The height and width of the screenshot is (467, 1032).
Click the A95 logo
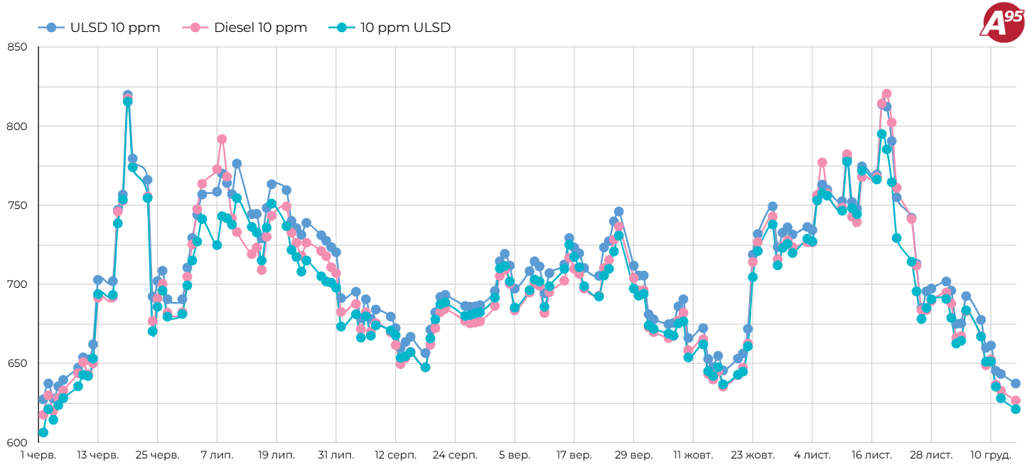pyautogui.click(x=1001, y=23)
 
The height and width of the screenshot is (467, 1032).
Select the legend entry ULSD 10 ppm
pyautogui.click(x=100, y=28)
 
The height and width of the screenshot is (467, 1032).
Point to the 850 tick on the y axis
pyautogui.click(x=17, y=48)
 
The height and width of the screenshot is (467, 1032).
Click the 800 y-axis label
pyautogui.click(x=17, y=127)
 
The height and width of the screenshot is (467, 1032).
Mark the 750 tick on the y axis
pyautogui.click(x=17, y=205)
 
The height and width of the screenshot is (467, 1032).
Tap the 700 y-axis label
pyautogui.click(x=17, y=284)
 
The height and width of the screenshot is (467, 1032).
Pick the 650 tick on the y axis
pyautogui.click(x=17, y=363)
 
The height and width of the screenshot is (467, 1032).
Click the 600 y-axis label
pyautogui.click(x=17, y=442)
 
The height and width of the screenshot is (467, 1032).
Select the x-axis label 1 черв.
pyautogui.click(x=38, y=455)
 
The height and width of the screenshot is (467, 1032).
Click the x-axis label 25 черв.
pyautogui.click(x=157, y=455)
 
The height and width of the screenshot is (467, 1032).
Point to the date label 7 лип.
pyautogui.click(x=217, y=455)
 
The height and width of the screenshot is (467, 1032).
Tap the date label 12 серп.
pyautogui.click(x=395, y=455)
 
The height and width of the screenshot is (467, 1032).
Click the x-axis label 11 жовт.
pyautogui.click(x=693, y=455)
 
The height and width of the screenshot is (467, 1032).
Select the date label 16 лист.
pyautogui.click(x=871, y=455)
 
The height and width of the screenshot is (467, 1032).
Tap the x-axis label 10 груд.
pyautogui.click(x=991, y=455)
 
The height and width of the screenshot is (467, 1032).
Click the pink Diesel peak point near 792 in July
pyautogui.click(x=222, y=139)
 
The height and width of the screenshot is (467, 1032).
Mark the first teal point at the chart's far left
pyautogui.click(x=43, y=432)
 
